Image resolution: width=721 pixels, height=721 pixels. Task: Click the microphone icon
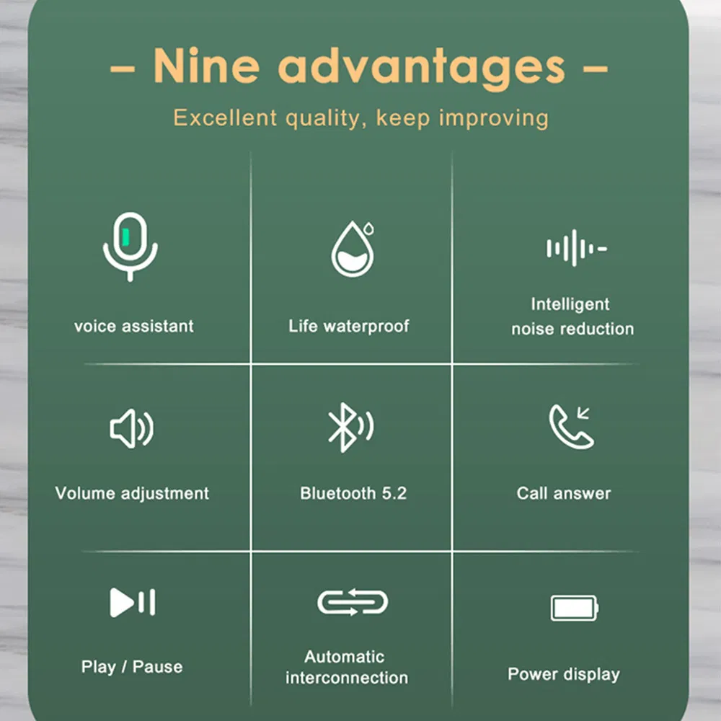click(x=130, y=246)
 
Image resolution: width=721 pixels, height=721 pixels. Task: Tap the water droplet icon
click(x=353, y=249)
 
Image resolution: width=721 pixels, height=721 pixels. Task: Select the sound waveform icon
click(x=575, y=248)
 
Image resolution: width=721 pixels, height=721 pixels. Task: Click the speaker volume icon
click(x=131, y=430)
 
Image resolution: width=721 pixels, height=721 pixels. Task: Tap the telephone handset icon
click(x=570, y=427)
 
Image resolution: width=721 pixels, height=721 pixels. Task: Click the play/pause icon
click(x=133, y=602)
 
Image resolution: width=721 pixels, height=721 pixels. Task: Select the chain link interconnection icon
click(x=353, y=602)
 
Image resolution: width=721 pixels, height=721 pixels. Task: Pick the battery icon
click(x=574, y=608)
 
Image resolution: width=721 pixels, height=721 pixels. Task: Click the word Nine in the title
click(x=205, y=66)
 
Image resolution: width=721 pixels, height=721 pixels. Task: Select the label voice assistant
click(x=134, y=326)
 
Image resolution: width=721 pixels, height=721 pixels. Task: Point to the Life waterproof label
click(x=349, y=326)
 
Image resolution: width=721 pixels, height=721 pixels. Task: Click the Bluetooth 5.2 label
click(x=353, y=494)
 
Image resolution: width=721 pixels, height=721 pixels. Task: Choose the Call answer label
click(x=564, y=494)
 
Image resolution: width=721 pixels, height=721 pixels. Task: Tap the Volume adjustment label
click(x=132, y=494)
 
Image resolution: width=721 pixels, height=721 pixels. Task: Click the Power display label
click(x=564, y=675)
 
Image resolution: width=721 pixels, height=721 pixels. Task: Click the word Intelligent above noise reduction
click(x=570, y=304)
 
